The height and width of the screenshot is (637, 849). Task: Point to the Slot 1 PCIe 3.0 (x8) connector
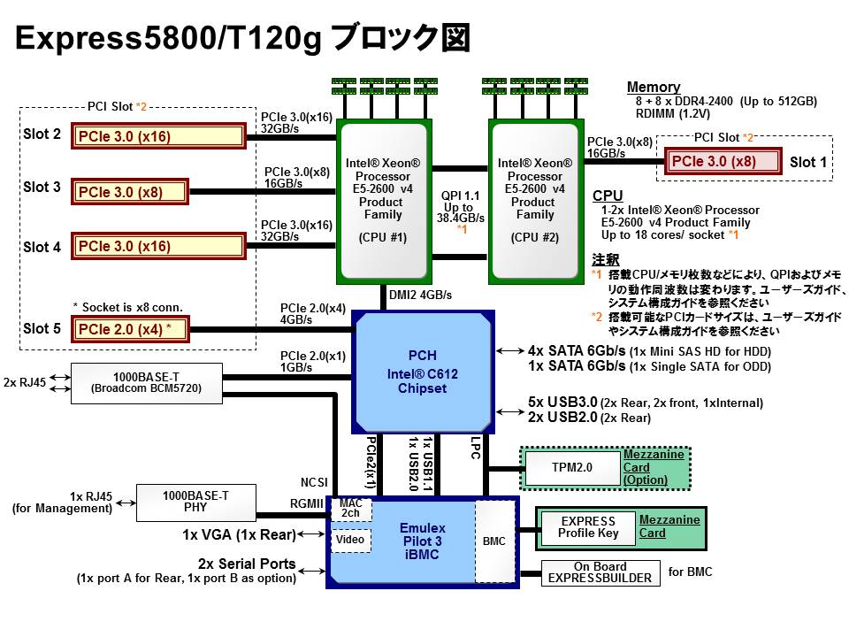(724, 161)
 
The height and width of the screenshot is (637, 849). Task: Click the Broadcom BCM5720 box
(148, 383)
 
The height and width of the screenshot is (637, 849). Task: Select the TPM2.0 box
(572, 467)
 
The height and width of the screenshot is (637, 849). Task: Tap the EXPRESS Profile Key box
(588, 528)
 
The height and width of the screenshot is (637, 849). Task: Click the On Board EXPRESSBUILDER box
(600, 572)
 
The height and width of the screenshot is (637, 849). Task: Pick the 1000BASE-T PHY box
(195, 502)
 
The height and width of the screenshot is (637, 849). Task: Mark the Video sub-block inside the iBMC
(350, 539)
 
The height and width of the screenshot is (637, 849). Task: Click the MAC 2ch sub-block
(351, 508)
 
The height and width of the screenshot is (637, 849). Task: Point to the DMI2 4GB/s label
(420, 295)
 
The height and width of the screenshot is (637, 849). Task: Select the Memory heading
(654, 87)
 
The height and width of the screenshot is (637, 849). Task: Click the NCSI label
(314, 482)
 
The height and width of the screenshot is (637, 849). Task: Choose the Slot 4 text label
(42, 247)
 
